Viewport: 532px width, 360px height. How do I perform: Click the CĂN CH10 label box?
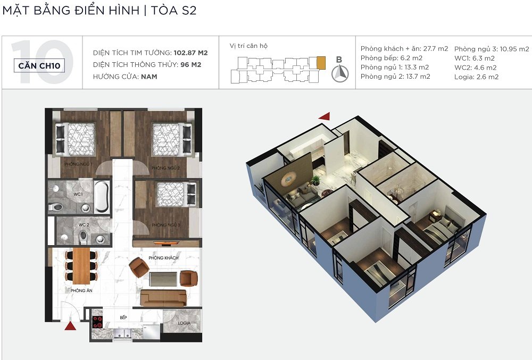coord(39,65)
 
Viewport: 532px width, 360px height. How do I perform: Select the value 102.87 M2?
coord(190,53)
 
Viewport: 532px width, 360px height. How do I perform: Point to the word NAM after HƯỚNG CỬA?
coord(149,77)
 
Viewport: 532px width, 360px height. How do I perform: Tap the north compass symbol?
coord(340,73)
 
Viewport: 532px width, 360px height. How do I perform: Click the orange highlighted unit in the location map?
coord(321,63)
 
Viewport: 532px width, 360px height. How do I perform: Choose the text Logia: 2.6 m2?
coord(476,77)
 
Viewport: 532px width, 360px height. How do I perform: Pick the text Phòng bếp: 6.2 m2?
coord(391,58)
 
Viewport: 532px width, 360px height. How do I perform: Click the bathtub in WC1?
coord(102,197)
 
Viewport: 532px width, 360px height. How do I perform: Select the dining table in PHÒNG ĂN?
coord(81,266)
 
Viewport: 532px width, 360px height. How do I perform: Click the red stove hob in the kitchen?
coord(98,322)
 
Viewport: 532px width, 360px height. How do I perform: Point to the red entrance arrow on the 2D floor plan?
coord(70,326)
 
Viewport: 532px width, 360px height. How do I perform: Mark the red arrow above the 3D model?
coord(325,116)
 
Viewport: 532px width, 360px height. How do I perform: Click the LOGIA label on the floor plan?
coord(184,323)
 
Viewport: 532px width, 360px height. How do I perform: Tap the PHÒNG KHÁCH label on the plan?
coord(163,258)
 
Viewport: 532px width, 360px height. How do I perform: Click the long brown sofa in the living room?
coord(163,298)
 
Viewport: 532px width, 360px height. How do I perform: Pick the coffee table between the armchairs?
coord(163,279)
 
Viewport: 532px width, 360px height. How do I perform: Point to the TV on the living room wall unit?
coord(166,242)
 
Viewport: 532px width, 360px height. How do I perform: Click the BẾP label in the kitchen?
coord(123,317)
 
